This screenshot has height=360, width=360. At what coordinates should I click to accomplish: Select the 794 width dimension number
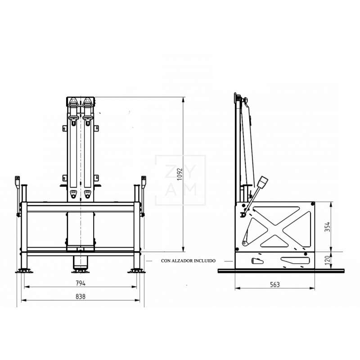(x=81, y=283)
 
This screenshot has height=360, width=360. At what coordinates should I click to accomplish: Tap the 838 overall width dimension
(x=81, y=297)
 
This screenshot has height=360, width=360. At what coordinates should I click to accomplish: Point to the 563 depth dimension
(x=275, y=284)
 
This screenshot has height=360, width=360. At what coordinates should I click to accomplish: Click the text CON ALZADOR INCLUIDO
(x=189, y=261)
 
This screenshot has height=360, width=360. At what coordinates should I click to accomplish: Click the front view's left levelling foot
(x=24, y=271)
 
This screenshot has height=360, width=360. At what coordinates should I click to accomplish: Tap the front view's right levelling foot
(x=137, y=271)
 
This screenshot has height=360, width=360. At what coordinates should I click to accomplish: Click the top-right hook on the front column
(x=87, y=103)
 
